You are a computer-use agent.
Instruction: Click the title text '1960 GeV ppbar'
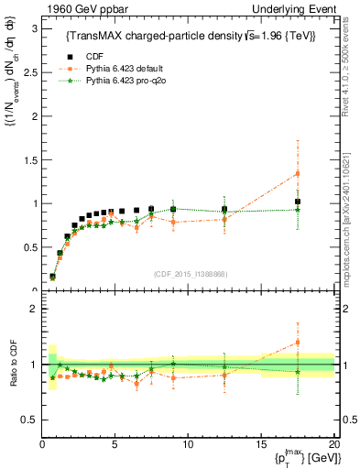(76, 9)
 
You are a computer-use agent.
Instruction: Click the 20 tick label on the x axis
(333, 445)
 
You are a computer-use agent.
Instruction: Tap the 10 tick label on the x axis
(188, 445)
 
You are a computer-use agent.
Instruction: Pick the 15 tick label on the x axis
(261, 445)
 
